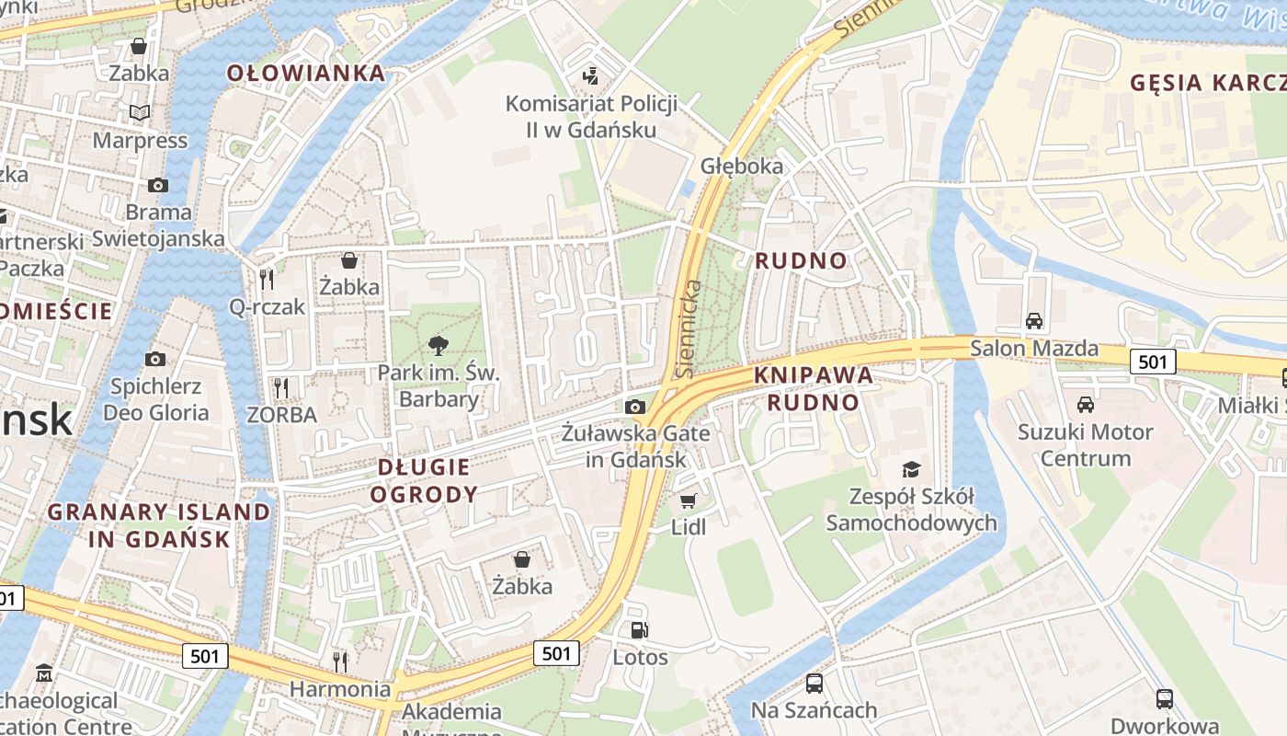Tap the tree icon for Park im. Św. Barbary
pyautogui.click(x=438, y=346)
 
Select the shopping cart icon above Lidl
pyautogui.click(x=688, y=500)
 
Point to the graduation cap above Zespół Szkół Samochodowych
pyautogui.click(x=910, y=470)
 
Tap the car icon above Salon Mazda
pyautogui.click(x=1034, y=321)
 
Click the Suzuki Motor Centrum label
pyautogui.click(x=1086, y=444)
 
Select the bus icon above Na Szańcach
pyautogui.click(x=814, y=683)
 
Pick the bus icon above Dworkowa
pyautogui.click(x=1164, y=698)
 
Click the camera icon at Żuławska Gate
pyautogui.click(x=634, y=407)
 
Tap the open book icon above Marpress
pyautogui.click(x=139, y=113)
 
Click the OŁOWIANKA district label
pyautogui.click(x=306, y=74)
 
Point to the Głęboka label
pyautogui.click(x=742, y=166)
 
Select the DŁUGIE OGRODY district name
pyautogui.click(x=424, y=480)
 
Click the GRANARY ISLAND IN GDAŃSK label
pyautogui.click(x=159, y=525)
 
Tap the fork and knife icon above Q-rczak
pyautogui.click(x=267, y=279)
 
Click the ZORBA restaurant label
pyautogui.click(x=282, y=415)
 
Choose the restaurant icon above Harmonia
pyautogui.click(x=339, y=661)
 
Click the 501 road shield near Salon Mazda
pyautogui.click(x=1153, y=362)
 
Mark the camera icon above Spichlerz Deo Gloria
pyautogui.click(x=155, y=359)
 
